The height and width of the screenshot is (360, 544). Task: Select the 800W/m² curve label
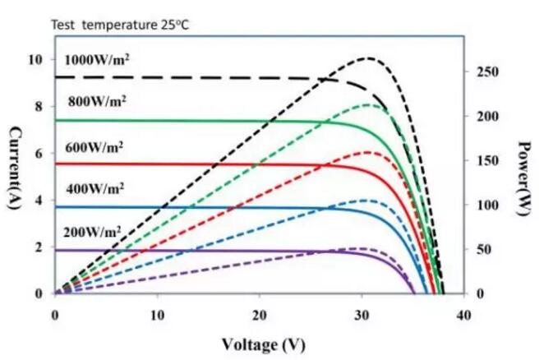coord(98,102)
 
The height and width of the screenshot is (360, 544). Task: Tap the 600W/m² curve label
coord(95,147)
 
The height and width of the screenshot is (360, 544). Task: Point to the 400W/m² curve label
coord(95,188)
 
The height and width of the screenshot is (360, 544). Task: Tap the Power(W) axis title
coord(525,177)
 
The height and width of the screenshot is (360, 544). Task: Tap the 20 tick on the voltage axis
coord(260,315)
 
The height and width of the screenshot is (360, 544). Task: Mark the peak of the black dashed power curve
coord(369,58)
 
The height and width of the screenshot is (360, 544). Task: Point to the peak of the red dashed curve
coord(368,152)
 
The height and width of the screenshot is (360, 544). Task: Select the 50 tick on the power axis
coord(482,249)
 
